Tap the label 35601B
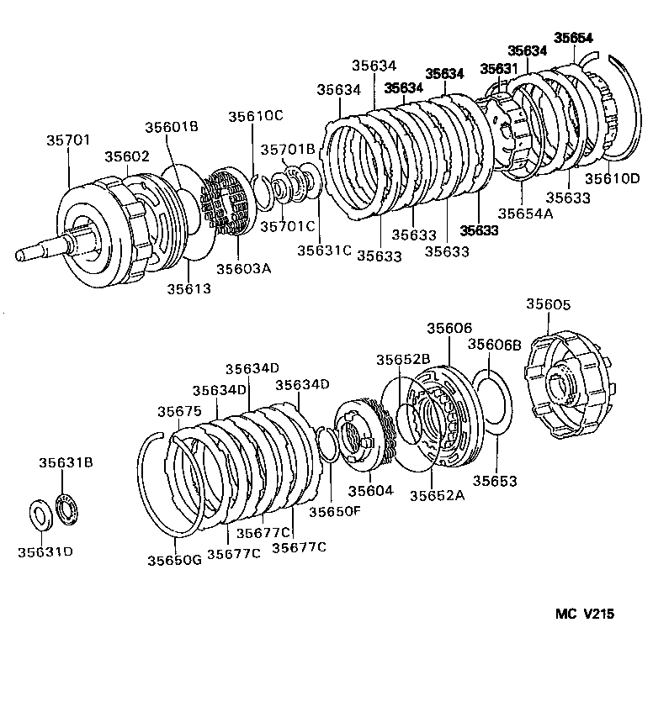tap(171, 127)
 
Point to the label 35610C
tap(254, 117)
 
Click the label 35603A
tap(244, 268)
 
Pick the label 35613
tap(188, 288)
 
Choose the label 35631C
tap(324, 250)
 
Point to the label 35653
tap(494, 481)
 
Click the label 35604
tap(370, 490)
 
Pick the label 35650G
tap(174, 560)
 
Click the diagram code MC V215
tap(584, 614)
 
